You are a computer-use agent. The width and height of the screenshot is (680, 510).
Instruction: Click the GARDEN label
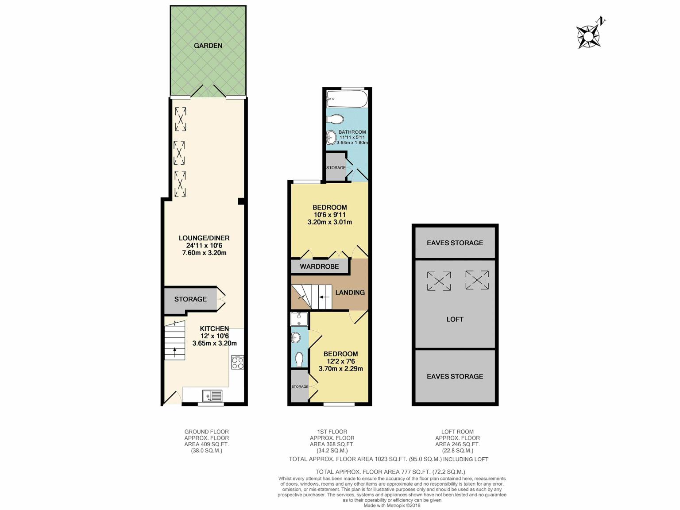coord(208,46)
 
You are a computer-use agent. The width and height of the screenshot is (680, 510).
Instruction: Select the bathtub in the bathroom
coord(347,99)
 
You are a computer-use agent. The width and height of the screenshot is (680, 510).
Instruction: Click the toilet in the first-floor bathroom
coord(335,119)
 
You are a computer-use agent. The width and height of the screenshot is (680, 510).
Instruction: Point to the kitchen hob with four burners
coord(238,362)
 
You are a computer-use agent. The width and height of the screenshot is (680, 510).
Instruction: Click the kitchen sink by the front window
coord(212,395)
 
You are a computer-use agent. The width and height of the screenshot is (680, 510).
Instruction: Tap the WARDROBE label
coord(319,267)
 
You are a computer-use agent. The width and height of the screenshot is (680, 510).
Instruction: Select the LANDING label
coord(350,293)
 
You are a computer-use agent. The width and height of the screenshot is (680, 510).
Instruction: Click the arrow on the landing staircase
coord(324,297)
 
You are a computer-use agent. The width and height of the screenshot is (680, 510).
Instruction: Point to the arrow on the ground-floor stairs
coord(175,352)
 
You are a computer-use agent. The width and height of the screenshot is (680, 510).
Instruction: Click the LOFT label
coord(455,319)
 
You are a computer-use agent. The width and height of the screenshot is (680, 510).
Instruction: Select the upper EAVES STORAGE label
coord(455,243)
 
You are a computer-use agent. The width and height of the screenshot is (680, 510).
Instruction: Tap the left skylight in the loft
coord(439,281)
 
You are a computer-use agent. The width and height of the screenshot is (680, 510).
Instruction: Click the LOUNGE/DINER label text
coord(204,238)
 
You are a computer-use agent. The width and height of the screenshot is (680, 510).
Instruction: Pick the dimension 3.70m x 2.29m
coord(341,369)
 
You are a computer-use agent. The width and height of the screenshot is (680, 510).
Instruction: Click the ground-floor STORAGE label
coord(190,299)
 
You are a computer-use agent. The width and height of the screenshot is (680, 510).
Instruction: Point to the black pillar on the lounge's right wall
coord(241,201)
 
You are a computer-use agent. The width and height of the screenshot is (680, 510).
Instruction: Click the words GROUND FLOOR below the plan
coord(207,432)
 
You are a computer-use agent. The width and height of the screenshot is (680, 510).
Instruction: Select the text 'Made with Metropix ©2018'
coord(392,506)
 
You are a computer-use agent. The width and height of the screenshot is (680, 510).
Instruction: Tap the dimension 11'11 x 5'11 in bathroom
coord(352,137)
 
